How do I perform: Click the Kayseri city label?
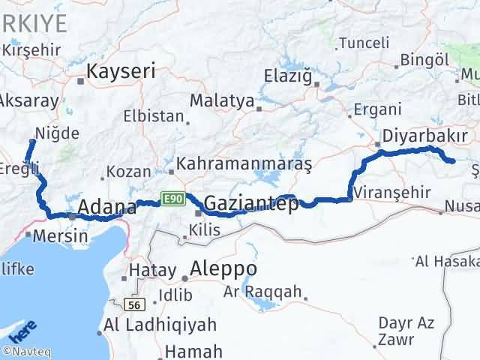click(x=121, y=72)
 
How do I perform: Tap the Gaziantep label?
click(x=250, y=204)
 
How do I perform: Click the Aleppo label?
click(x=224, y=269)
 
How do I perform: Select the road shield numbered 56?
click(x=135, y=304)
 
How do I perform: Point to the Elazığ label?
click(x=288, y=75)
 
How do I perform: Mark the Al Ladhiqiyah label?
click(x=160, y=325)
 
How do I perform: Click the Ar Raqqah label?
click(x=262, y=292)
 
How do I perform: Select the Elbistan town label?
click(x=154, y=116)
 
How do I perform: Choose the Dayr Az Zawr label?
click(x=406, y=331)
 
